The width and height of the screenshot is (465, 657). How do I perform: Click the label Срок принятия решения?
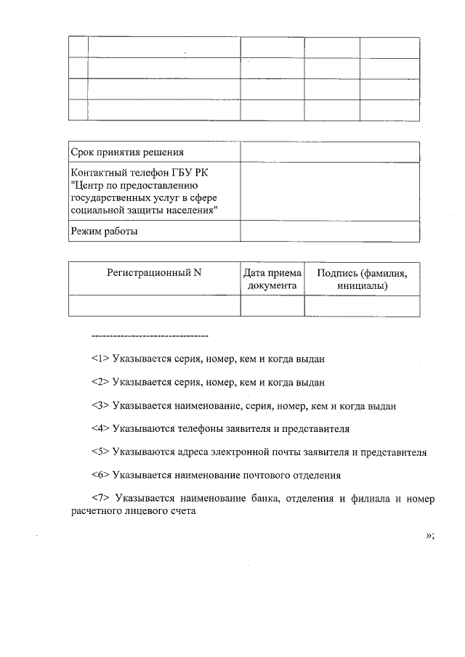coord(127,152)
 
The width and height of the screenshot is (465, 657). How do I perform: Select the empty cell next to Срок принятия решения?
coord(329,152)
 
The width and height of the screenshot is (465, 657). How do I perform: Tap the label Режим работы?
coord(105,232)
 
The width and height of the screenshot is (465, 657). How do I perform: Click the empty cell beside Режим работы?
coord(329,232)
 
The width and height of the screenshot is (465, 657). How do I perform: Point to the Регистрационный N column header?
coord(154,273)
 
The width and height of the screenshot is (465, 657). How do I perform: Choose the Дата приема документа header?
coord(272,279)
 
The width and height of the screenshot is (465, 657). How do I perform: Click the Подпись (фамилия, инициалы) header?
coord(362,279)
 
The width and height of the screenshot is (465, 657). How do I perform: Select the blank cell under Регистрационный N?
coord(154,306)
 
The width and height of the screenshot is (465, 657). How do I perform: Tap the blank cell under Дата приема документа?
coord(272,306)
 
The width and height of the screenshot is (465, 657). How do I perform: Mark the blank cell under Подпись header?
coord(362,306)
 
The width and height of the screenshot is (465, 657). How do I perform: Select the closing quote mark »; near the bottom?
coord(429,536)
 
